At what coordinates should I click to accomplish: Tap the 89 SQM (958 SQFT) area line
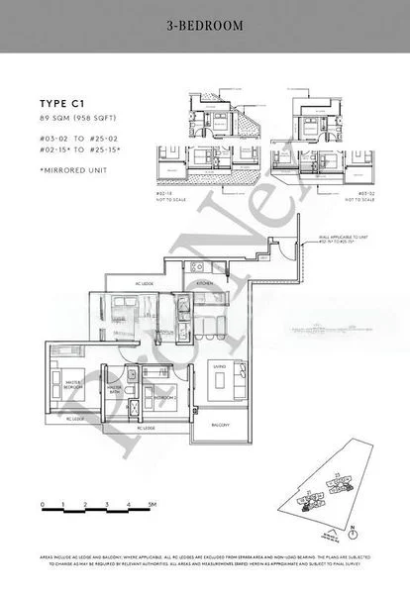click(x=77, y=118)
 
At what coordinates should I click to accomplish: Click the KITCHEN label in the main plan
click(x=204, y=283)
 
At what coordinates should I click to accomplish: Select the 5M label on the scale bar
click(x=152, y=505)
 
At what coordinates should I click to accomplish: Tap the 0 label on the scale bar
click(x=44, y=505)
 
